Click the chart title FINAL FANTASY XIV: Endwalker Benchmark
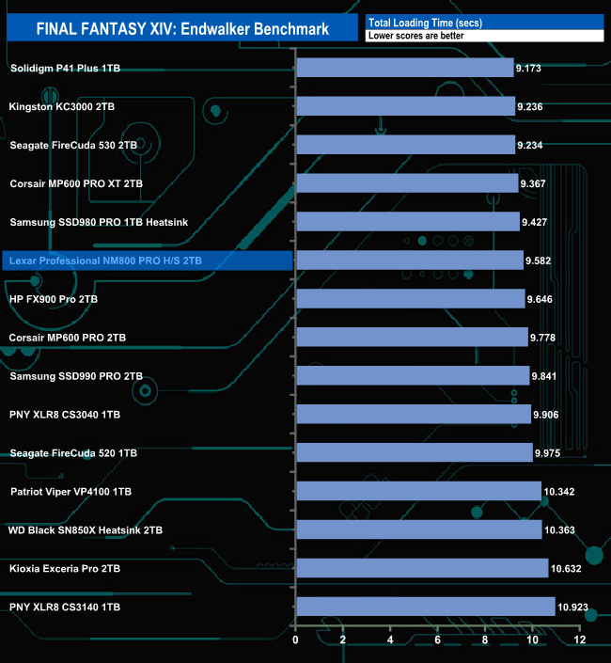[182, 28]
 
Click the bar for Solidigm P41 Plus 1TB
[405, 68]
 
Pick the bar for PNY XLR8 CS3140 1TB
[426, 608]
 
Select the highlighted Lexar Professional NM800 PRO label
[104, 260]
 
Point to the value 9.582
[544, 260]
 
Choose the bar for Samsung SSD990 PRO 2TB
[413, 376]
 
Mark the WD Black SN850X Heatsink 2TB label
[86, 530]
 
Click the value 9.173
[534, 68]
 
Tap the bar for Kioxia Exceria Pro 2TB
[422, 569]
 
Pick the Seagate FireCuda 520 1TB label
[73, 453]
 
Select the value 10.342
[561, 492]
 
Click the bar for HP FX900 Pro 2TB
[411, 299]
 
